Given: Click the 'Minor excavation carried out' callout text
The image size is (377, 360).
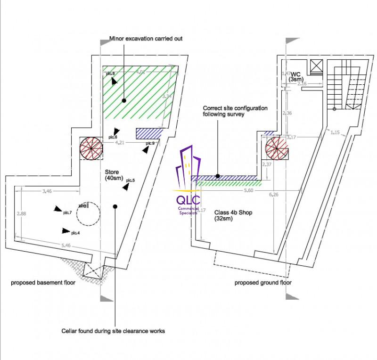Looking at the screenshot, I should [x=146, y=38].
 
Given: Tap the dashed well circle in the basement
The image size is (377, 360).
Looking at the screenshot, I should [x=88, y=215].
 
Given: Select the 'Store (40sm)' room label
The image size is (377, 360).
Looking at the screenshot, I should [x=115, y=175].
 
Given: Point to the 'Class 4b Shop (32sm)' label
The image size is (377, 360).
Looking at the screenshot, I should [x=233, y=216].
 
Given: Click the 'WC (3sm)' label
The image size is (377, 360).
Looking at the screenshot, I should [x=296, y=77].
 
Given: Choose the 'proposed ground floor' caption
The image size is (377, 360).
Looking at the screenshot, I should [x=263, y=283].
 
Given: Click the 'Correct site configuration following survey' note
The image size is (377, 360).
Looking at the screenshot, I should [x=235, y=111].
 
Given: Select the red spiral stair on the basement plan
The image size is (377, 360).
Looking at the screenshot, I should [x=90, y=148].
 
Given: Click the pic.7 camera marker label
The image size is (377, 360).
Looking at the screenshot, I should [x=67, y=213].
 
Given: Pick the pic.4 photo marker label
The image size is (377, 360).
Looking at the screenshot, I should [x=75, y=233].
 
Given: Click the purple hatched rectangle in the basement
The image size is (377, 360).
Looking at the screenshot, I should [x=148, y=133].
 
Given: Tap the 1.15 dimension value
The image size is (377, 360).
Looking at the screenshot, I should [x=336, y=132].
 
